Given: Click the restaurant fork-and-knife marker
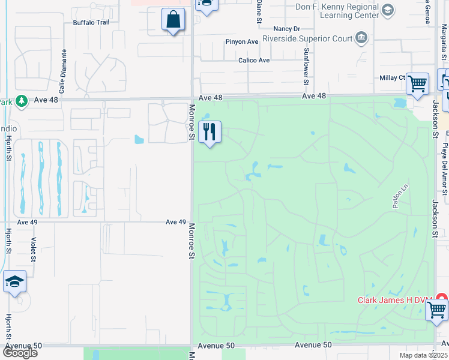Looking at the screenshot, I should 209,132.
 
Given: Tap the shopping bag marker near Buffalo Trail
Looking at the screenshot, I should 173,20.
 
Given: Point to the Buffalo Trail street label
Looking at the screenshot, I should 91,22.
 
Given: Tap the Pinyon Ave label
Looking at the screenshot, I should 241,41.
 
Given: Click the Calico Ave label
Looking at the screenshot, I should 254,60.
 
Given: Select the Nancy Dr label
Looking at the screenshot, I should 286,28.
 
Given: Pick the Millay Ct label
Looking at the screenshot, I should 393,78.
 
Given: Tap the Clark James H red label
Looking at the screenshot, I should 395,300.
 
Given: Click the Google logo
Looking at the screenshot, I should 20,353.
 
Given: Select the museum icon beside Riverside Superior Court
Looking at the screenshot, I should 361,38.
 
